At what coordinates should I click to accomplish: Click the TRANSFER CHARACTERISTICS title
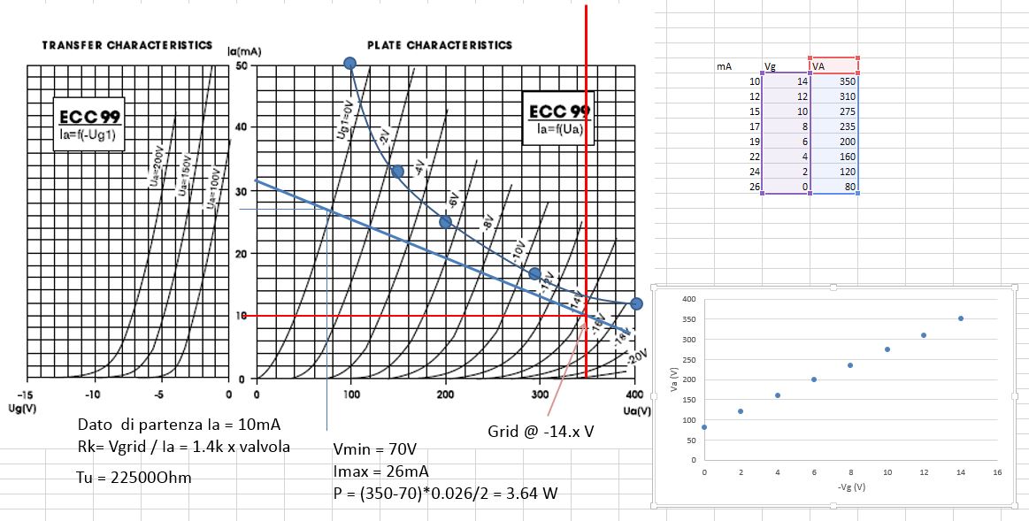click(x=127, y=45)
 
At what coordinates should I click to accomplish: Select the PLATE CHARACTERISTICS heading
click(x=440, y=45)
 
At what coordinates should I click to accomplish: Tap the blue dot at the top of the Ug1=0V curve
click(x=349, y=63)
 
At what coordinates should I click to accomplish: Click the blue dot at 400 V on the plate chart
click(x=635, y=304)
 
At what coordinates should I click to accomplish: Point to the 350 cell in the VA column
click(x=833, y=80)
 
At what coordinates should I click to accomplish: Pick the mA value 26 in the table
click(x=754, y=187)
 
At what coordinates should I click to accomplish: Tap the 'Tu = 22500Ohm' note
click(x=134, y=478)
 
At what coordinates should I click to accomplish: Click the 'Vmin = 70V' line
click(x=374, y=448)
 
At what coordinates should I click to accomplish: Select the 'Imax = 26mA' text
click(x=380, y=470)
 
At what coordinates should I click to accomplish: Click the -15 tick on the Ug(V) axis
click(x=27, y=395)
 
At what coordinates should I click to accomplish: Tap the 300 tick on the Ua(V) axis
click(x=541, y=395)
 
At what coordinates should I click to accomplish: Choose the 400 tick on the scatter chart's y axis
click(x=689, y=299)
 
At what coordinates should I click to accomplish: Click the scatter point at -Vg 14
click(x=960, y=318)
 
